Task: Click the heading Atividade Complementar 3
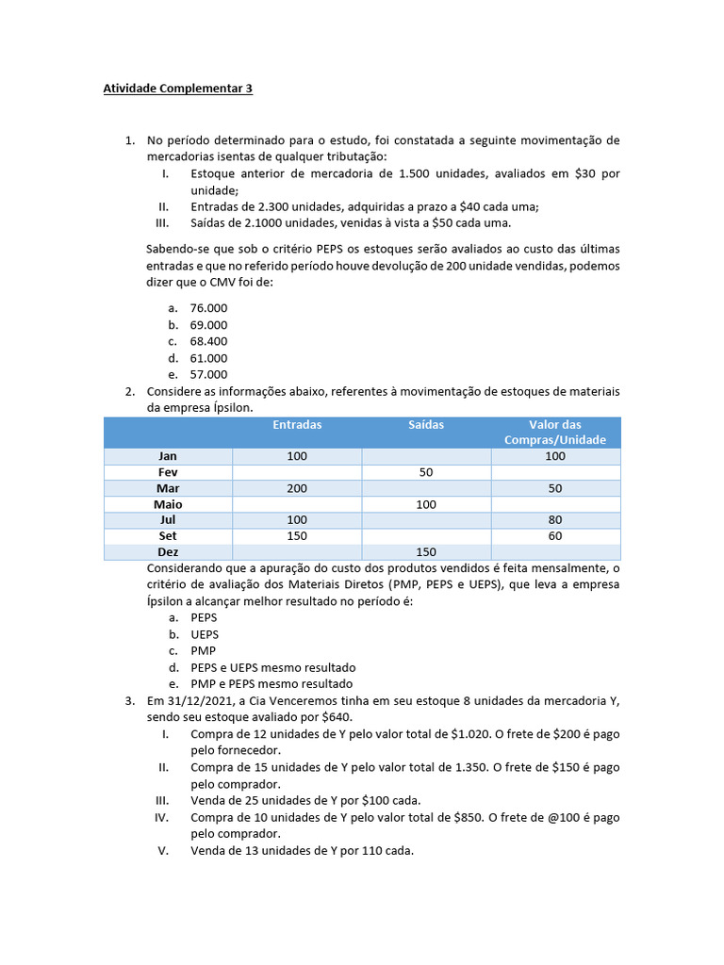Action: (177, 90)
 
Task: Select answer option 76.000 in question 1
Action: (208, 307)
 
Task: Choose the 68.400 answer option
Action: (208, 341)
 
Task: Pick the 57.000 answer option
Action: (208, 374)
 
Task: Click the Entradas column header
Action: (297, 425)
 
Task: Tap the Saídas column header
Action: (426, 425)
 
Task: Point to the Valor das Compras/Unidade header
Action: (555, 433)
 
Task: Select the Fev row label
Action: (168, 472)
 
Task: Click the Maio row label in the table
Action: (168, 504)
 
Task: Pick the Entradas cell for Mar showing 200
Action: (297, 488)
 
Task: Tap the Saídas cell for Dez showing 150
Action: (426, 552)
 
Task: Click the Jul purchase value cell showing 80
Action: (555, 520)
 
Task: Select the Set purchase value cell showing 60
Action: (555, 536)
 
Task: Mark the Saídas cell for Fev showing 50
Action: (426, 472)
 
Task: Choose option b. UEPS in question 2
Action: (205, 634)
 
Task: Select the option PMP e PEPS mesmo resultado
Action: (271, 683)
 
